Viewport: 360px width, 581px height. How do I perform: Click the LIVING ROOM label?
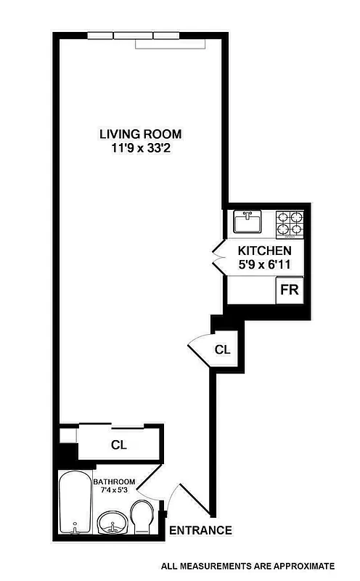point(141,134)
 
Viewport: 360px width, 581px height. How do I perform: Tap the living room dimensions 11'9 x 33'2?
point(141,148)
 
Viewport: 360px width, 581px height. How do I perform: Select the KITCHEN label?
point(264,251)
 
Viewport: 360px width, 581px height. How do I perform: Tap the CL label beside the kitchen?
point(222,349)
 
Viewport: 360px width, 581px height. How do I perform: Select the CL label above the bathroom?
point(119,445)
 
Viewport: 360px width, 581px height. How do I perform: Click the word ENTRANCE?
point(200,530)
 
